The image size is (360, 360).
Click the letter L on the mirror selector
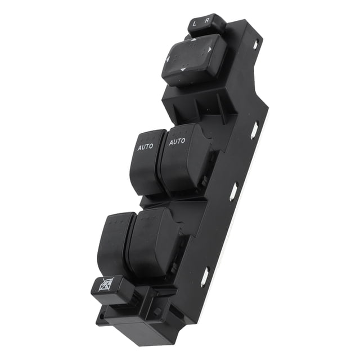tap(195, 24)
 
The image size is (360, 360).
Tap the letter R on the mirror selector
tap(207, 20)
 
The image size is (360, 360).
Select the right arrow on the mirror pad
tap(210, 49)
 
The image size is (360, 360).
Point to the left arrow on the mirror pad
tap(167, 60)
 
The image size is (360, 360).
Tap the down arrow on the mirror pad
tap(183, 69)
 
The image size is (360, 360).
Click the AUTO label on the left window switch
tap(146, 147)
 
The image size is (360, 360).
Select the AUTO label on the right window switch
tap(177, 141)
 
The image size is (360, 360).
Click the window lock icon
tap(106, 285)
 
